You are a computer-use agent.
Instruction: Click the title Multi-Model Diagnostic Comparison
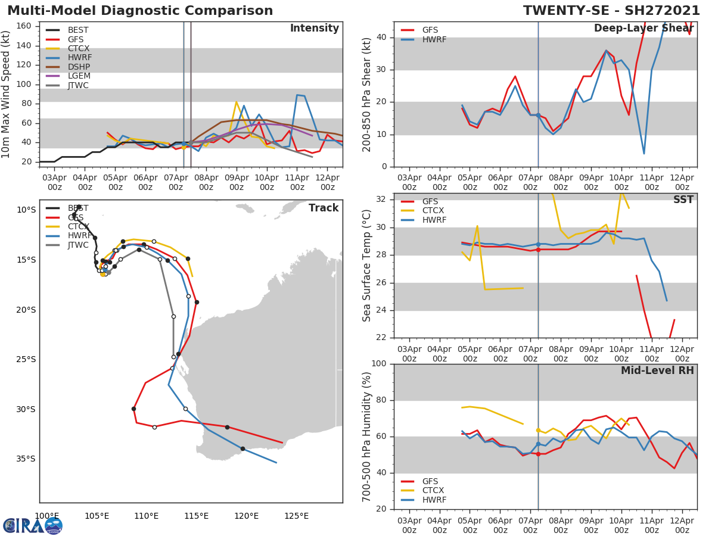pos(140,11)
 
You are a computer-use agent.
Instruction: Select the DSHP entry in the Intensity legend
pos(79,67)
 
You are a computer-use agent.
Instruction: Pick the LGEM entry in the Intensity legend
pos(79,76)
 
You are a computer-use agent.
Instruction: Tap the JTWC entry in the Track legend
pos(78,245)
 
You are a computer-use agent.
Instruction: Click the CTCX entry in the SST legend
pos(433,211)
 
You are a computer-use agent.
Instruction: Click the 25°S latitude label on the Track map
pos(26,360)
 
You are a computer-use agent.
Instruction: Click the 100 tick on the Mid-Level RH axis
pos(381,364)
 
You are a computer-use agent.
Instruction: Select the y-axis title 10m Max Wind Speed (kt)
pos(7,94)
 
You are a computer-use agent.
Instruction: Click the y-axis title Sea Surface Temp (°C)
pos(367,266)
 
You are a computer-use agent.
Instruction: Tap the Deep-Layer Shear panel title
pos(643,29)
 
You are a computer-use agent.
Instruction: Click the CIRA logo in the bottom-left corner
pos(32,525)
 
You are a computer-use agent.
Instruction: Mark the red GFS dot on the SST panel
pos(538,250)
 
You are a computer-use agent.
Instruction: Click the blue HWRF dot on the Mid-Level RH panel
pos(538,444)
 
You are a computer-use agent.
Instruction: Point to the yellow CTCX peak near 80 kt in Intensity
pos(236,102)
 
